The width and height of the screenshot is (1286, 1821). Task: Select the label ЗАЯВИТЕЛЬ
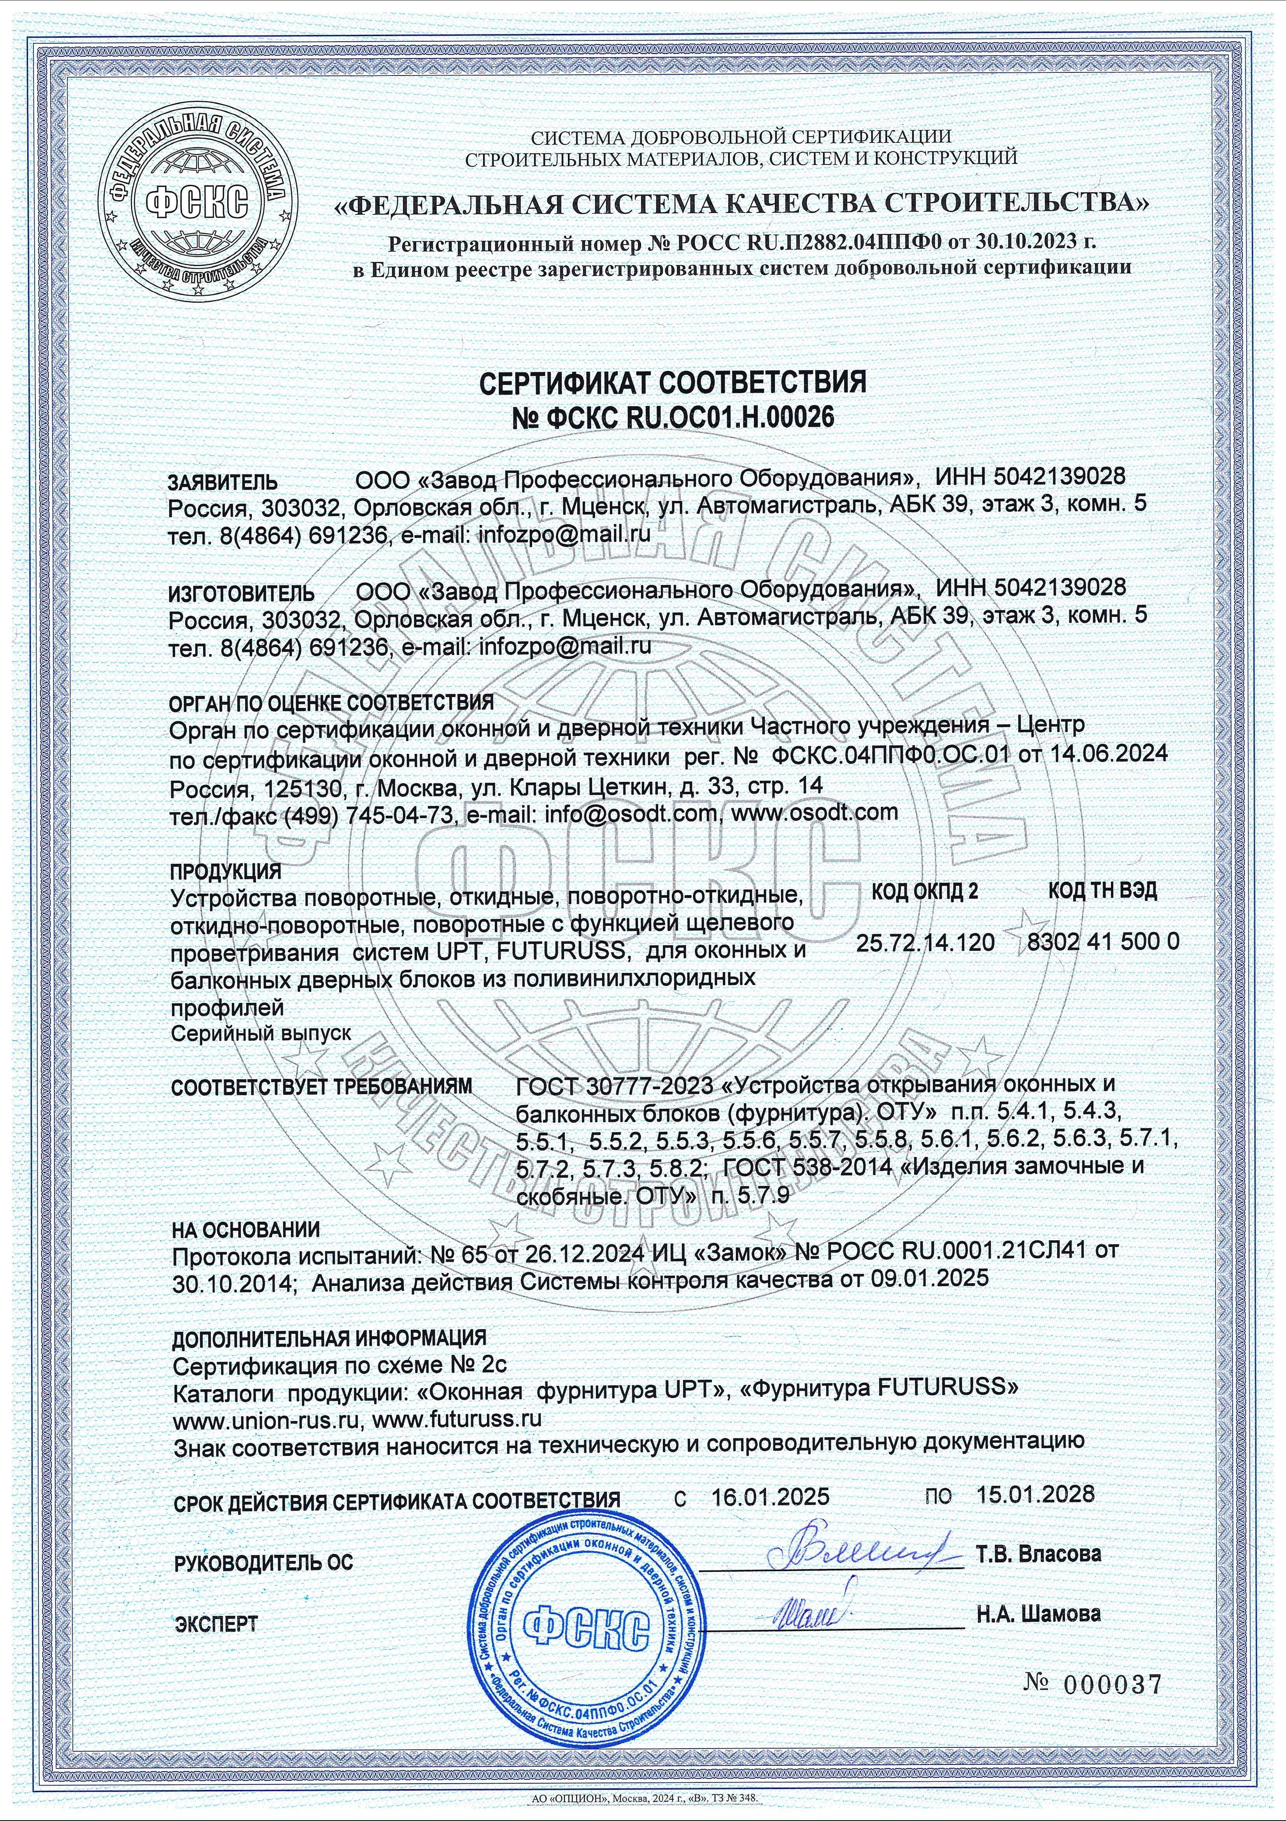(x=223, y=482)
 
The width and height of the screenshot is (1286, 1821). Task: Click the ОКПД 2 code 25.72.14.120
(x=925, y=942)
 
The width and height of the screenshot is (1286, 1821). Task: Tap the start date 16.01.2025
(x=770, y=1496)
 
